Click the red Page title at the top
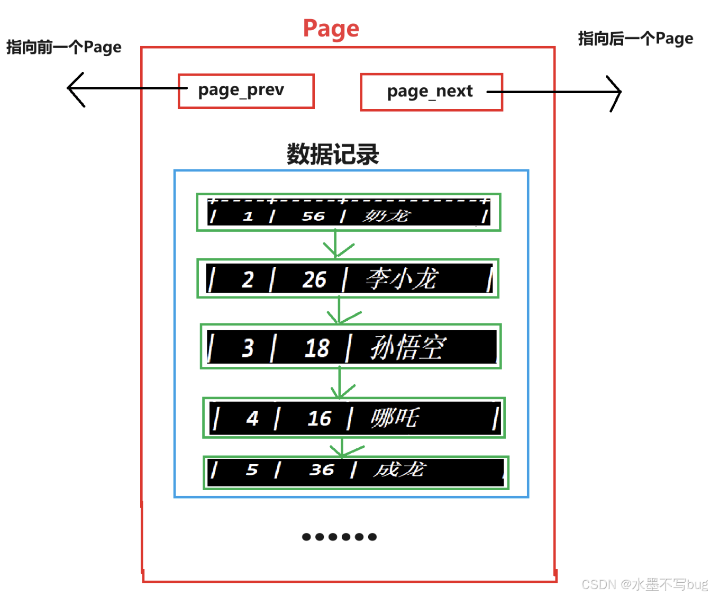[x=331, y=29]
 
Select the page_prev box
[x=246, y=91]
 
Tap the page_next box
[x=431, y=92]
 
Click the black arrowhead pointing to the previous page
[x=74, y=88]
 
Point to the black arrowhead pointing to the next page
[x=615, y=92]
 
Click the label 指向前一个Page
[x=63, y=47]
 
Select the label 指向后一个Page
[x=635, y=39]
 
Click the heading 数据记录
[x=333, y=154]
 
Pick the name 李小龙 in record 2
[x=402, y=279]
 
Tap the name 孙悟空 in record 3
[x=408, y=348]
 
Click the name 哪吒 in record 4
[x=395, y=418]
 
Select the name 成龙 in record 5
[x=399, y=469]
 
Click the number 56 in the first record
[x=313, y=216]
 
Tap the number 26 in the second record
[x=314, y=279]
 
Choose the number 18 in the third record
[x=317, y=348]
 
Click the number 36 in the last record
[x=322, y=469]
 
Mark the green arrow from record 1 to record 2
[x=336, y=245]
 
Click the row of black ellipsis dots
[x=339, y=537]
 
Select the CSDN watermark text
[x=644, y=584]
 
